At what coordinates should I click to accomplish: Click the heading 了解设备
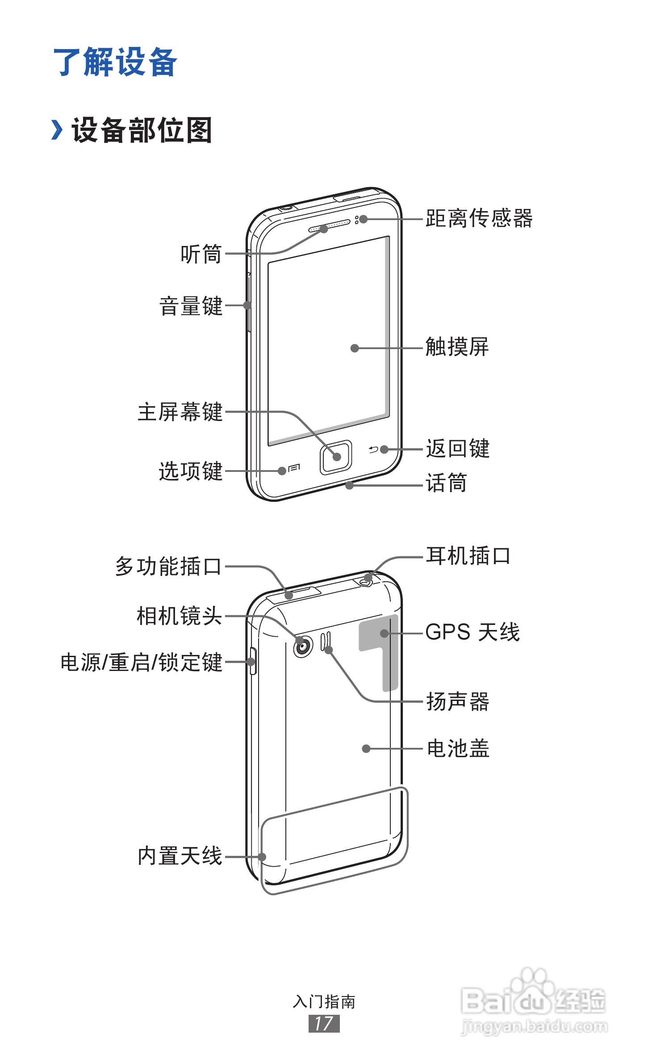point(115,62)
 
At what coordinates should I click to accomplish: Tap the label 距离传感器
point(479,218)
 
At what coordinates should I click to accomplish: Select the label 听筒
point(201,254)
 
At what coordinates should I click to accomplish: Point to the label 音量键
point(191,306)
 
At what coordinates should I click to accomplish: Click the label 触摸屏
point(457,347)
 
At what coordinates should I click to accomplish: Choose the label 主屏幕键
point(180,412)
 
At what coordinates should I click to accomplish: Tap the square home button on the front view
point(336,457)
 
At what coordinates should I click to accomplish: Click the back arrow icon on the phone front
point(373,450)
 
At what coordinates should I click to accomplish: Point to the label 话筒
point(446,483)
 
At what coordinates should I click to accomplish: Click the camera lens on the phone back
point(302,646)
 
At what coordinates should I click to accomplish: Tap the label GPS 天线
point(472,632)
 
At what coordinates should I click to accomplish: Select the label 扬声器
point(458,701)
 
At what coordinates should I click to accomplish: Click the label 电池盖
point(458,748)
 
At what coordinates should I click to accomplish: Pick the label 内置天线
point(180,856)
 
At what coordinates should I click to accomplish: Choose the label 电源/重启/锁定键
point(141,662)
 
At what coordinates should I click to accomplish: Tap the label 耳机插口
point(468,556)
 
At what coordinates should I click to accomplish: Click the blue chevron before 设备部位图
point(57,130)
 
